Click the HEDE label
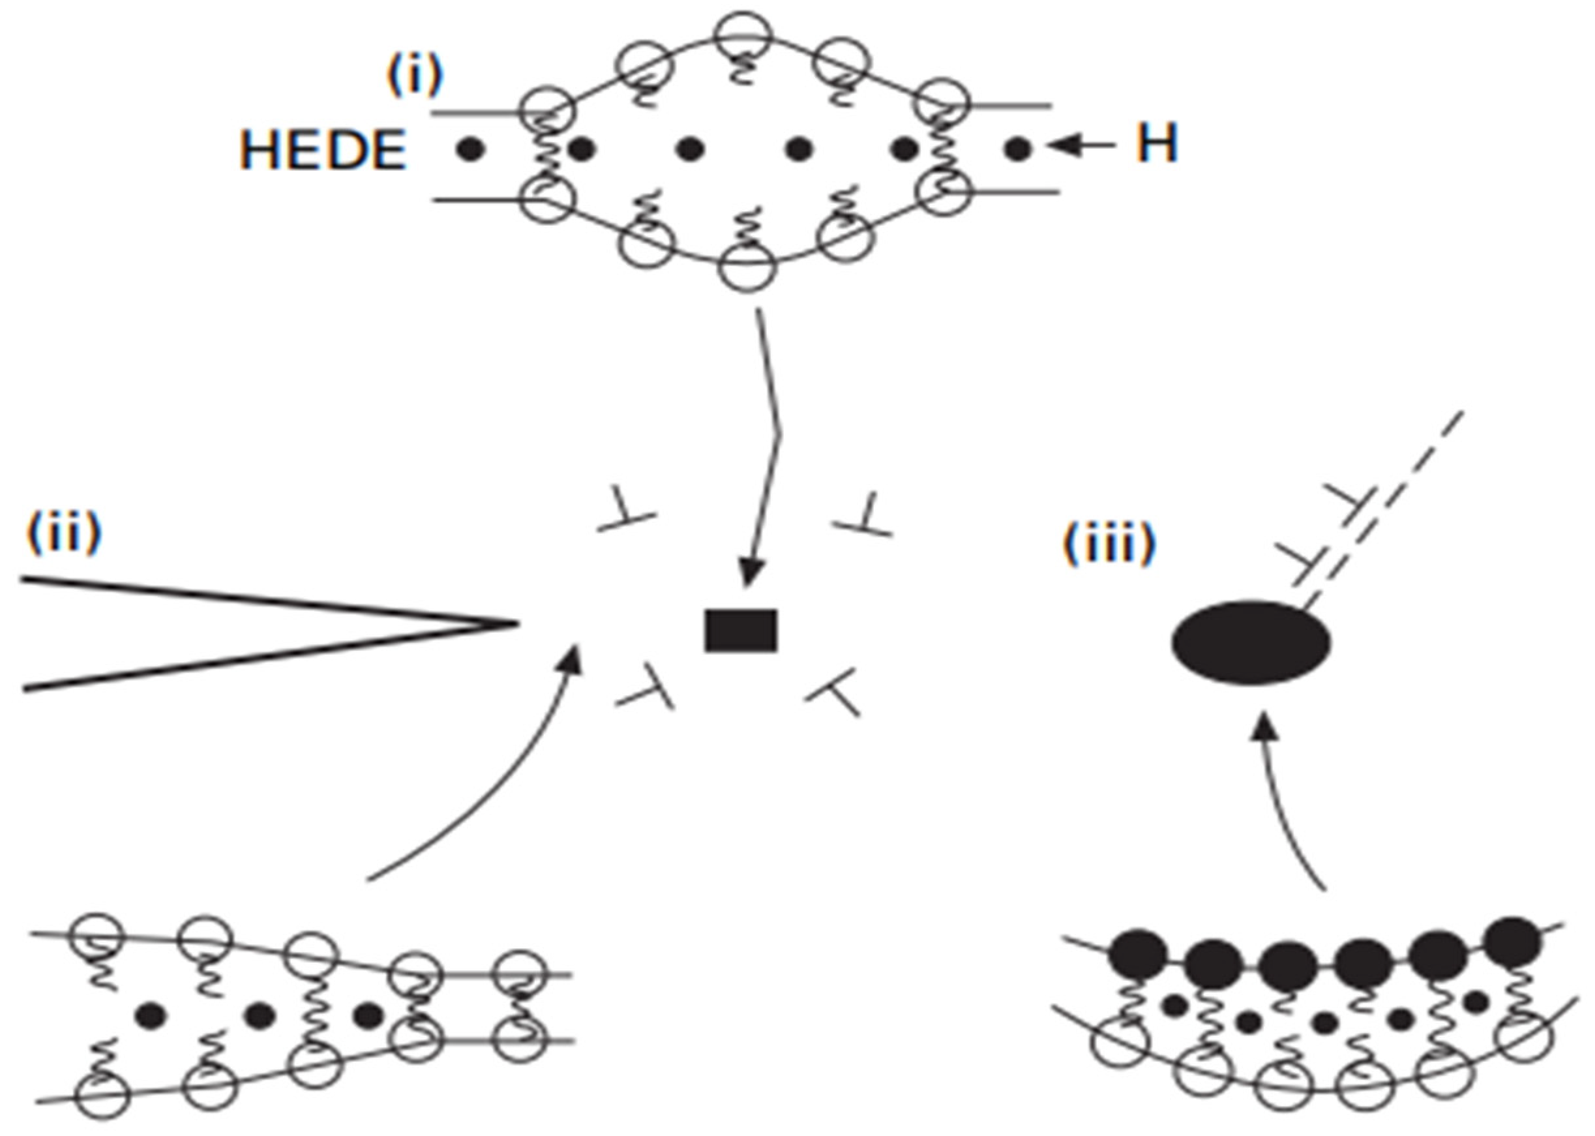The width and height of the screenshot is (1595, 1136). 323,150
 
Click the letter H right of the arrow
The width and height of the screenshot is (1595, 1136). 1156,145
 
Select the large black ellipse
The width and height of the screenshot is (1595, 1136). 1251,642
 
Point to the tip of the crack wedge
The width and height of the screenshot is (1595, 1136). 516,622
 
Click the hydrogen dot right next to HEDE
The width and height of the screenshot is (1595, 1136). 470,148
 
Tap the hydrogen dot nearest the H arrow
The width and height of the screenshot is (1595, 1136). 1017,147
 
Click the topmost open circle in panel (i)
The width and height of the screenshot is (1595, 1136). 747,35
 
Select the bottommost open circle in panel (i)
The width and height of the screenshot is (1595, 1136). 747,267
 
